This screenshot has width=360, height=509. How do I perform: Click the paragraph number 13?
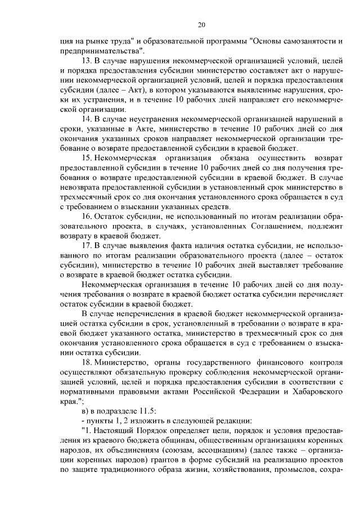coord(86,60)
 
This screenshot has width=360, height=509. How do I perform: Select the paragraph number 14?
coord(86,120)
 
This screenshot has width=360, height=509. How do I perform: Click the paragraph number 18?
coord(86,361)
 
